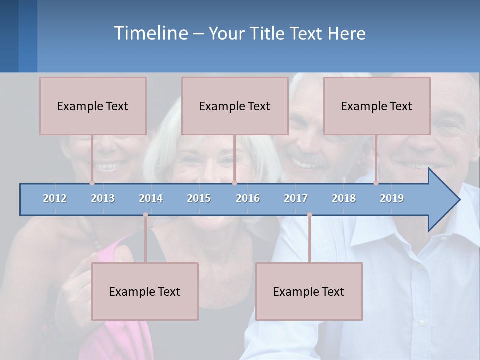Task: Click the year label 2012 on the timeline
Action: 55,198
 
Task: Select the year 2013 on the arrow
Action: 103,198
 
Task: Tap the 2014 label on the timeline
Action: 151,198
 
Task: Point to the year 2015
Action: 199,198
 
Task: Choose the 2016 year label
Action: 248,198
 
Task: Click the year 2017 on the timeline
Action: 296,198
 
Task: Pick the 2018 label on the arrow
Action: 344,198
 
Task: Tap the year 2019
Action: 392,198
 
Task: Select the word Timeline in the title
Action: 150,33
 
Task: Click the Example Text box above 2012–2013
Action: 93,106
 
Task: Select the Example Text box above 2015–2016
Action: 235,106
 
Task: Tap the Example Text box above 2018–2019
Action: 377,106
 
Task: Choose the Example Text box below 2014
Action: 145,291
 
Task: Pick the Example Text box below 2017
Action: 309,291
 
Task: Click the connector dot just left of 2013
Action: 92,183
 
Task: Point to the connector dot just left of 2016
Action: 234,183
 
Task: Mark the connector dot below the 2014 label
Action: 145,215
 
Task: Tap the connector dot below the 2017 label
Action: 309,215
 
